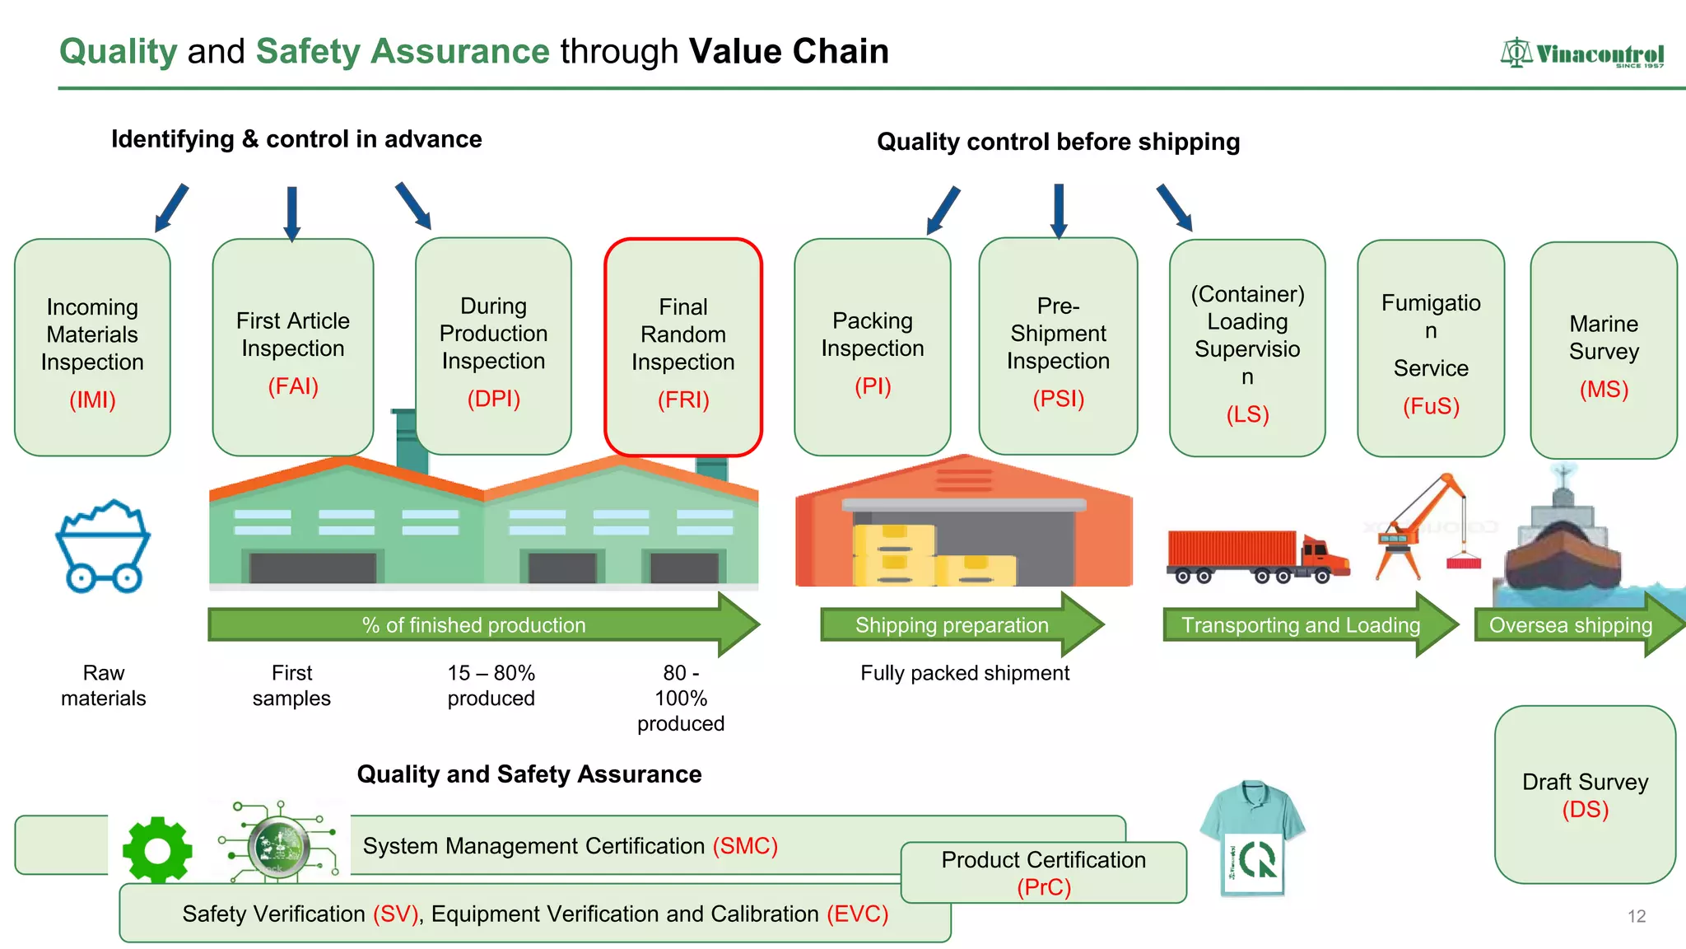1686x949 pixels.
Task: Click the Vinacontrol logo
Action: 1581,54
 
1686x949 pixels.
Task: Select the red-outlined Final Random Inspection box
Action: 682,347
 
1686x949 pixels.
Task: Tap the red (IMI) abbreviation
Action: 92,400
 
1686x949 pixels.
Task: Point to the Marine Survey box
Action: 1603,350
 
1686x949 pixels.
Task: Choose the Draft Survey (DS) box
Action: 1585,795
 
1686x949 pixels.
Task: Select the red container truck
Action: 1257,555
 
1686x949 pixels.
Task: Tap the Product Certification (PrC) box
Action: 1043,872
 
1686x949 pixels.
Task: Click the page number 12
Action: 1636,916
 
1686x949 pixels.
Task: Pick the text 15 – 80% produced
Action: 491,685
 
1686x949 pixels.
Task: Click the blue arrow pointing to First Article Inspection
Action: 291,213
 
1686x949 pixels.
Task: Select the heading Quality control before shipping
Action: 1058,142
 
